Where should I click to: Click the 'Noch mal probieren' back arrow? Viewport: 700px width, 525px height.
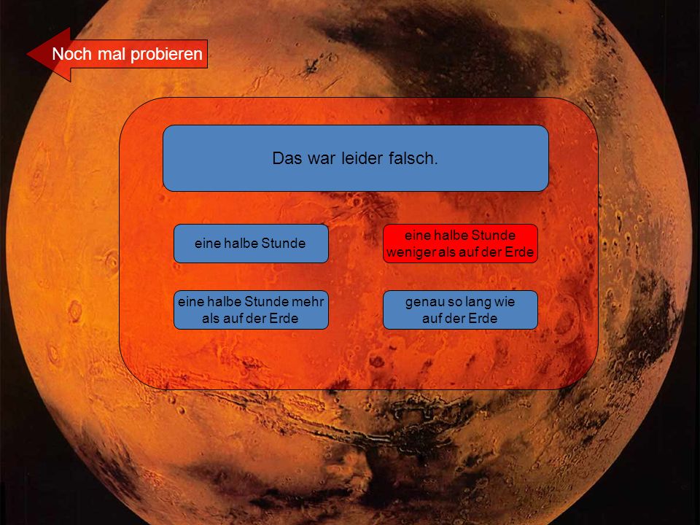[117, 55]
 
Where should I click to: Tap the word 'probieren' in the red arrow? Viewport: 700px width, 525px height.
[166, 55]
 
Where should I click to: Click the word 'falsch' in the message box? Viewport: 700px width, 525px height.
[413, 158]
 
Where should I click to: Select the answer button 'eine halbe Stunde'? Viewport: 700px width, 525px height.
[251, 244]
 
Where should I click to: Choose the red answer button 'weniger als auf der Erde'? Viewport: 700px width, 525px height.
[460, 244]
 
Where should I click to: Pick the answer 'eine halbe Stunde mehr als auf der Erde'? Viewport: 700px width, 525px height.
[251, 310]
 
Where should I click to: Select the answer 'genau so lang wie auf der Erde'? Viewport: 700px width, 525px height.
[460, 310]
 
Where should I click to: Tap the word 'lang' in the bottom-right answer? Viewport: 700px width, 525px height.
[478, 303]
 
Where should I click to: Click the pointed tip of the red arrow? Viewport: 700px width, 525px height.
[27, 55]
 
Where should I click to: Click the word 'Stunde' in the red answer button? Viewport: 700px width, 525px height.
[494, 236]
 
